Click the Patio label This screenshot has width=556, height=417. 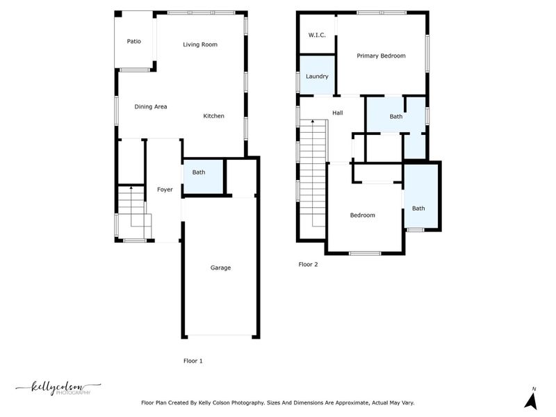tap(134, 42)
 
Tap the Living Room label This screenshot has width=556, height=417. tap(200, 44)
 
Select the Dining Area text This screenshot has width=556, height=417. tap(151, 106)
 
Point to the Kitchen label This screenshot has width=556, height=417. tap(213, 116)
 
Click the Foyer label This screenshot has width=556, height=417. tap(165, 189)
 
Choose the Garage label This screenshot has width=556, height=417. tap(221, 268)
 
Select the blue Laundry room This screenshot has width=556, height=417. tap(317, 76)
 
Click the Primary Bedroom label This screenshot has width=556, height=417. tap(381, 56)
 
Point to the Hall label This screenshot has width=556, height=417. tap(338, 113)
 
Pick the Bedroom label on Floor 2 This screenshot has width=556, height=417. tap(362, 215)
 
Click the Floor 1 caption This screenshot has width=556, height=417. tap(193, 361)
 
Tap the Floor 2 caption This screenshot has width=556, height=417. tap(308, 264)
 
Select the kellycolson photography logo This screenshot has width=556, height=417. tap(58, 388)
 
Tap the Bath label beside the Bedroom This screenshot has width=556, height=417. tap(418, 208)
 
